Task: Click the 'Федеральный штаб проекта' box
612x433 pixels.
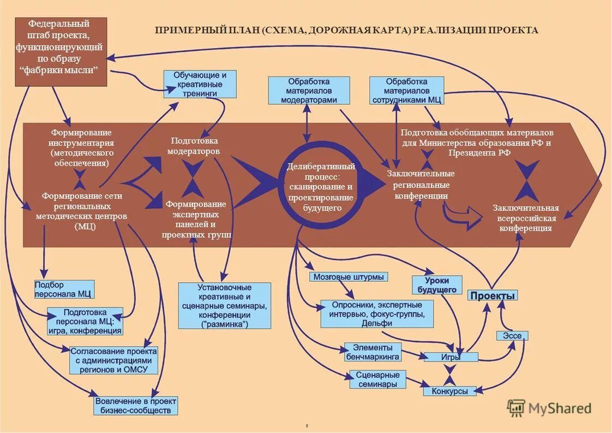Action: click(x=61, y=51)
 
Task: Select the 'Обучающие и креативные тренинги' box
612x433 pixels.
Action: click(x=200, y=84)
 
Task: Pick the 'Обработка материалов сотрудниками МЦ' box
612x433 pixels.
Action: click(x=407, y=90)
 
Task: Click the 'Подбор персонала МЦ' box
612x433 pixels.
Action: click(x=64, y=289)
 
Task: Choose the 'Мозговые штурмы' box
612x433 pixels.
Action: click(x=349, y=277)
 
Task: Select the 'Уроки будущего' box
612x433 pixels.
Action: click(x=437, y=285)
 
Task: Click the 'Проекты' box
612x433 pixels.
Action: click(x=493, y=295)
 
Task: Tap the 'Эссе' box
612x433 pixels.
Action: click(x=512, y=336)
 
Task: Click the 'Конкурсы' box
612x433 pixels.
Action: click(x=449, y=391)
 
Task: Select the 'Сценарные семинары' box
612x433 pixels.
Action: click(x=377, y=379)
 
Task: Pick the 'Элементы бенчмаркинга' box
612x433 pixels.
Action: click(x=373, y=352)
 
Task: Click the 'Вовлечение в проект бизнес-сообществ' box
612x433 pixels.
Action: click(x=136, y=406)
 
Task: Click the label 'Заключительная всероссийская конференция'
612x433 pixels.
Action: click(x=526, y=218)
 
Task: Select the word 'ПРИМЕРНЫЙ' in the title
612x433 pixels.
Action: click(x=189, y=31)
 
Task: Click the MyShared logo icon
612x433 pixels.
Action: click(x=516, y=408)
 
